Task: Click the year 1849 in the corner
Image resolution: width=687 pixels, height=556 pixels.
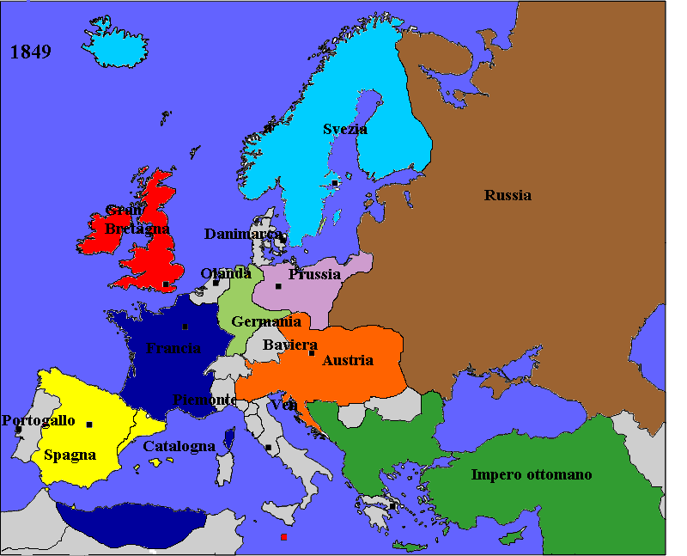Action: [x=31, y=52]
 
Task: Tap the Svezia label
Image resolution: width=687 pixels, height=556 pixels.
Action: [x=345, y=129]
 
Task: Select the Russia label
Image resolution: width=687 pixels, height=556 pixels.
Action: [x=508, y=195]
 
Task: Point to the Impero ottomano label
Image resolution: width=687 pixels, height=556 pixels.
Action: [x=531, y=474]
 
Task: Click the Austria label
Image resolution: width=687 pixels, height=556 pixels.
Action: [x=347, y=361]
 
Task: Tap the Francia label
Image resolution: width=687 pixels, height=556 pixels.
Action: [x=173, y=348]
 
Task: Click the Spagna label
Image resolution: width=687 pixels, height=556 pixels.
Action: [x=70, y=455]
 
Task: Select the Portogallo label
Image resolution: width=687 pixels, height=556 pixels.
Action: [x=39, y=421]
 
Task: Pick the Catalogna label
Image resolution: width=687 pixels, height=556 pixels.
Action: [x=179, y=447]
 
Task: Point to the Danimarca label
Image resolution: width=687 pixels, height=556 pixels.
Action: [x=243, y=234]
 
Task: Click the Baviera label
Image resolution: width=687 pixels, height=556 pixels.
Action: [x=284, y=345]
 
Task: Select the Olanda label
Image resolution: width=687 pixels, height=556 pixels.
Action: [x=226, y=273]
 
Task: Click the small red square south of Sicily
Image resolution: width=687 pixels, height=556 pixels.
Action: [x=283, y=537]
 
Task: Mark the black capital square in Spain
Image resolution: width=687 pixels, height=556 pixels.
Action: [x=89, y=425]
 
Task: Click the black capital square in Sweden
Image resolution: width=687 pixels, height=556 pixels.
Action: [x=335, y=183]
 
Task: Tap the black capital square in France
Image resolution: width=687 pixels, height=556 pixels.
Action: [x=185, y=327]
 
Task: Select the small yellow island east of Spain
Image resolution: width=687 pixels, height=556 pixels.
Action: [x=155, y=462]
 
